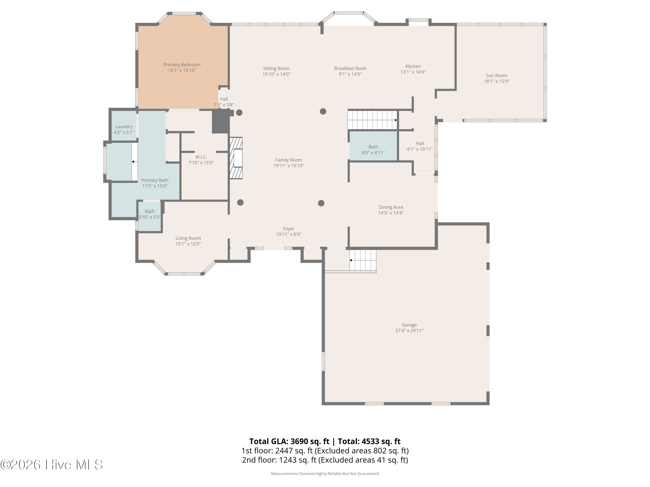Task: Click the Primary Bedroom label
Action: click(x=182, y=65)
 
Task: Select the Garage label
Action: click(x=409, y=325)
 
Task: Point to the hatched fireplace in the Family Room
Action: click(x=236, y=158)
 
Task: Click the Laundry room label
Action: click(x=124, y=127)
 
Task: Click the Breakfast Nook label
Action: click(x=350, y=68)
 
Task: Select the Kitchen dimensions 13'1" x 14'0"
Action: click(x=413, y=72)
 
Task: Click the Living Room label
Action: click(x=188, y=238)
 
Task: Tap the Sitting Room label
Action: click(x=276, y=68)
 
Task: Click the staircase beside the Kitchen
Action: click(x=372, y=120)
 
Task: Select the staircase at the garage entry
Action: click(x=363, y=260)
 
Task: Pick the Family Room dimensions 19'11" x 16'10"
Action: click(x=289, y=166)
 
